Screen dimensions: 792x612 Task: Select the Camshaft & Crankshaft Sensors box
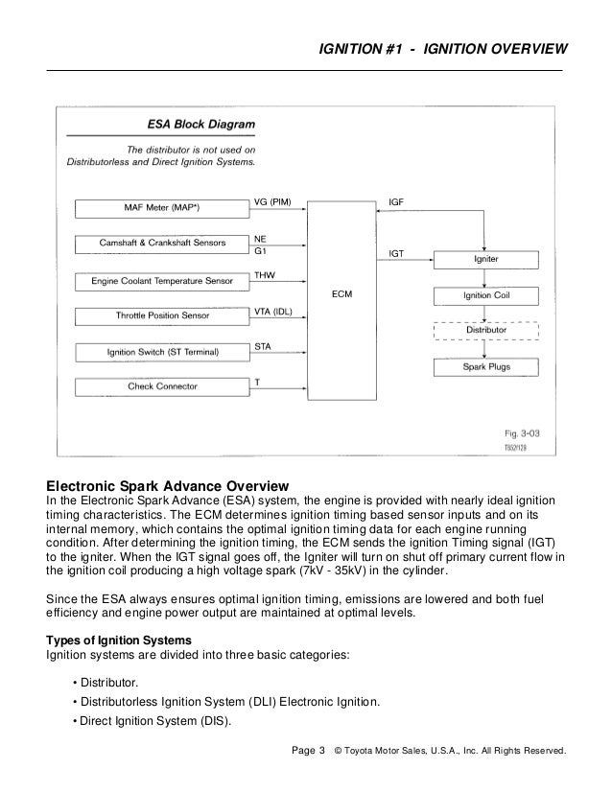(x=162, y=244)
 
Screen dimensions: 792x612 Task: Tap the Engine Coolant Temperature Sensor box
(x=162, y=281)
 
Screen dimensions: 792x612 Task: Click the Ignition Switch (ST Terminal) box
(x=162, y=352)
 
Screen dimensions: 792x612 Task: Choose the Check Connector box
(x=162, y=387)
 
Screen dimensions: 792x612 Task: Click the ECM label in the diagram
(x=343, y=294)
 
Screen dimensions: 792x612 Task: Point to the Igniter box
(x=486, y=260)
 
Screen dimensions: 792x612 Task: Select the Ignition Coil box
(x=486, y=294)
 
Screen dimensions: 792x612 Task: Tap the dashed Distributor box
(x=486, y=330)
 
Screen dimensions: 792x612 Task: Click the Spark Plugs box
(x=486, y=366)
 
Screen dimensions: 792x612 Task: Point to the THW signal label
(x=265, y=274)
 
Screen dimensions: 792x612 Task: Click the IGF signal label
(x=396, y=203)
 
